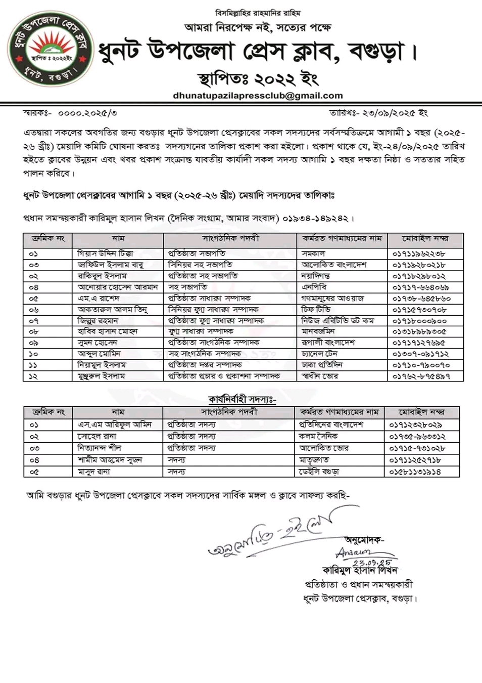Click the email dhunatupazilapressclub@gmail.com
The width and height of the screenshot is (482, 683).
click(258, 96)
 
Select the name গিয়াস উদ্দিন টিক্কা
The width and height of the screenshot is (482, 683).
click(106, 253)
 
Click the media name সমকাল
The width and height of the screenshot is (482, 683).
click(313, 253)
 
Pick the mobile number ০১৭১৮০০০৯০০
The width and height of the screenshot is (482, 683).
click(419, 321)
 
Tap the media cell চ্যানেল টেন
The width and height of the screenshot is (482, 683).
click(319, 354)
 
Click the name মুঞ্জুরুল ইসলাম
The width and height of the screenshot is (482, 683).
click(101, 376)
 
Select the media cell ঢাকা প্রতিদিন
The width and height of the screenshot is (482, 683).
click(322, 365)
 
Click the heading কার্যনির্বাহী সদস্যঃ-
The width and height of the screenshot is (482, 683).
click(242, 400)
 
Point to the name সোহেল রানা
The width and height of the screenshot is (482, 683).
click(97, 436)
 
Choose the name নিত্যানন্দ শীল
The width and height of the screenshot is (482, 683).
click(99, 448)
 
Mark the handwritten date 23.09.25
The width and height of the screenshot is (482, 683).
click(372, 562)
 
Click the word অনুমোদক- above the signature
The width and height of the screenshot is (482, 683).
click(364, 540)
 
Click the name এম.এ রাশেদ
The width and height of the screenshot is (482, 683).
click(99, 298)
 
